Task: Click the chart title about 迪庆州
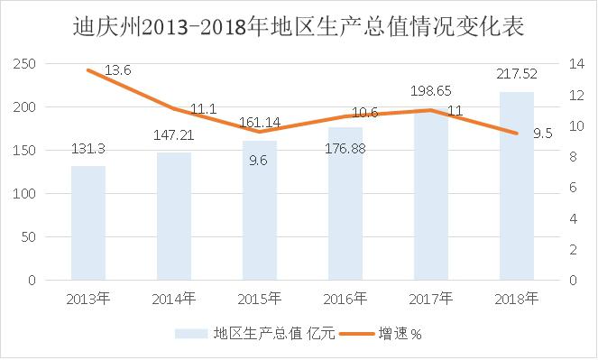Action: [x=299, y=24]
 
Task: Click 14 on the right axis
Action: [x=576, y=64]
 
